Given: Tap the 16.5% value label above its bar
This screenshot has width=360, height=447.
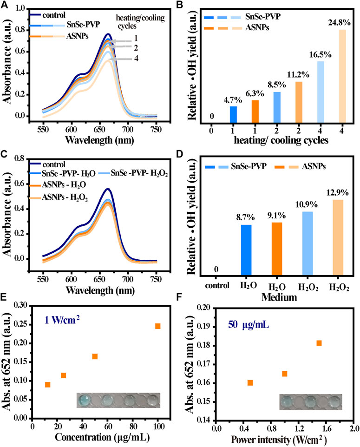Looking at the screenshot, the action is point(321,54).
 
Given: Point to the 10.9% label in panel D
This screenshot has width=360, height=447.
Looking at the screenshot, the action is point(307,204).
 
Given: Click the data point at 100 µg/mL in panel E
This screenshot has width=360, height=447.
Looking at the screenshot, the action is point(158,326).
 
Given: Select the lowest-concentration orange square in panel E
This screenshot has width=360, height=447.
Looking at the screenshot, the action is point(47,385).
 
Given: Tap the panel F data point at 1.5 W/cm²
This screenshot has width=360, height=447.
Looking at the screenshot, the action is point(319,343).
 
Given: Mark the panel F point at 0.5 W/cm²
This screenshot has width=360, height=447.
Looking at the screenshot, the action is point(250,382).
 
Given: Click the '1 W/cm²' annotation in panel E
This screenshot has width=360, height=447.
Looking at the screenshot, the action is point(62,320).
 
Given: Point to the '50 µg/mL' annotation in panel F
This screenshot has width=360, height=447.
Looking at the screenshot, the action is point(248,324).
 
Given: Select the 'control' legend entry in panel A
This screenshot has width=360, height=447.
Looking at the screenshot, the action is point(47,15).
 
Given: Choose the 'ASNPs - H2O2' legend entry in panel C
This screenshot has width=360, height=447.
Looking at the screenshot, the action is point(59,197).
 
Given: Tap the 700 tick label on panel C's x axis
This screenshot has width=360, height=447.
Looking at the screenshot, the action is point(128,279).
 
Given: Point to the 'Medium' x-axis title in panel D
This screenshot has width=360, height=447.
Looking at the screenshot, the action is point(279,297).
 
